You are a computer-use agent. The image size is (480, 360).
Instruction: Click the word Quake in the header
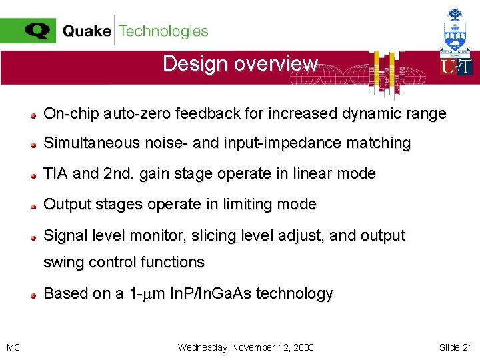point(87,31)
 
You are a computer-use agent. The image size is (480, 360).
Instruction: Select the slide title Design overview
point(240,64)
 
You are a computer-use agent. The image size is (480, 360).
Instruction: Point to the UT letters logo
point(456,67)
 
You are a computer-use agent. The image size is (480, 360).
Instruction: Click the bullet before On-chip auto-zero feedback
point(33,115)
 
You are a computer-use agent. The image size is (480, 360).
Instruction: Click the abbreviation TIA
point(56,174)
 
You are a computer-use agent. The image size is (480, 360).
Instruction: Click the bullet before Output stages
point(33,205)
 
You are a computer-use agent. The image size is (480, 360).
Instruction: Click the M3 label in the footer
point(13,347)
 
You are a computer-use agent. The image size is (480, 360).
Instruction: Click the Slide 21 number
point(455,347)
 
